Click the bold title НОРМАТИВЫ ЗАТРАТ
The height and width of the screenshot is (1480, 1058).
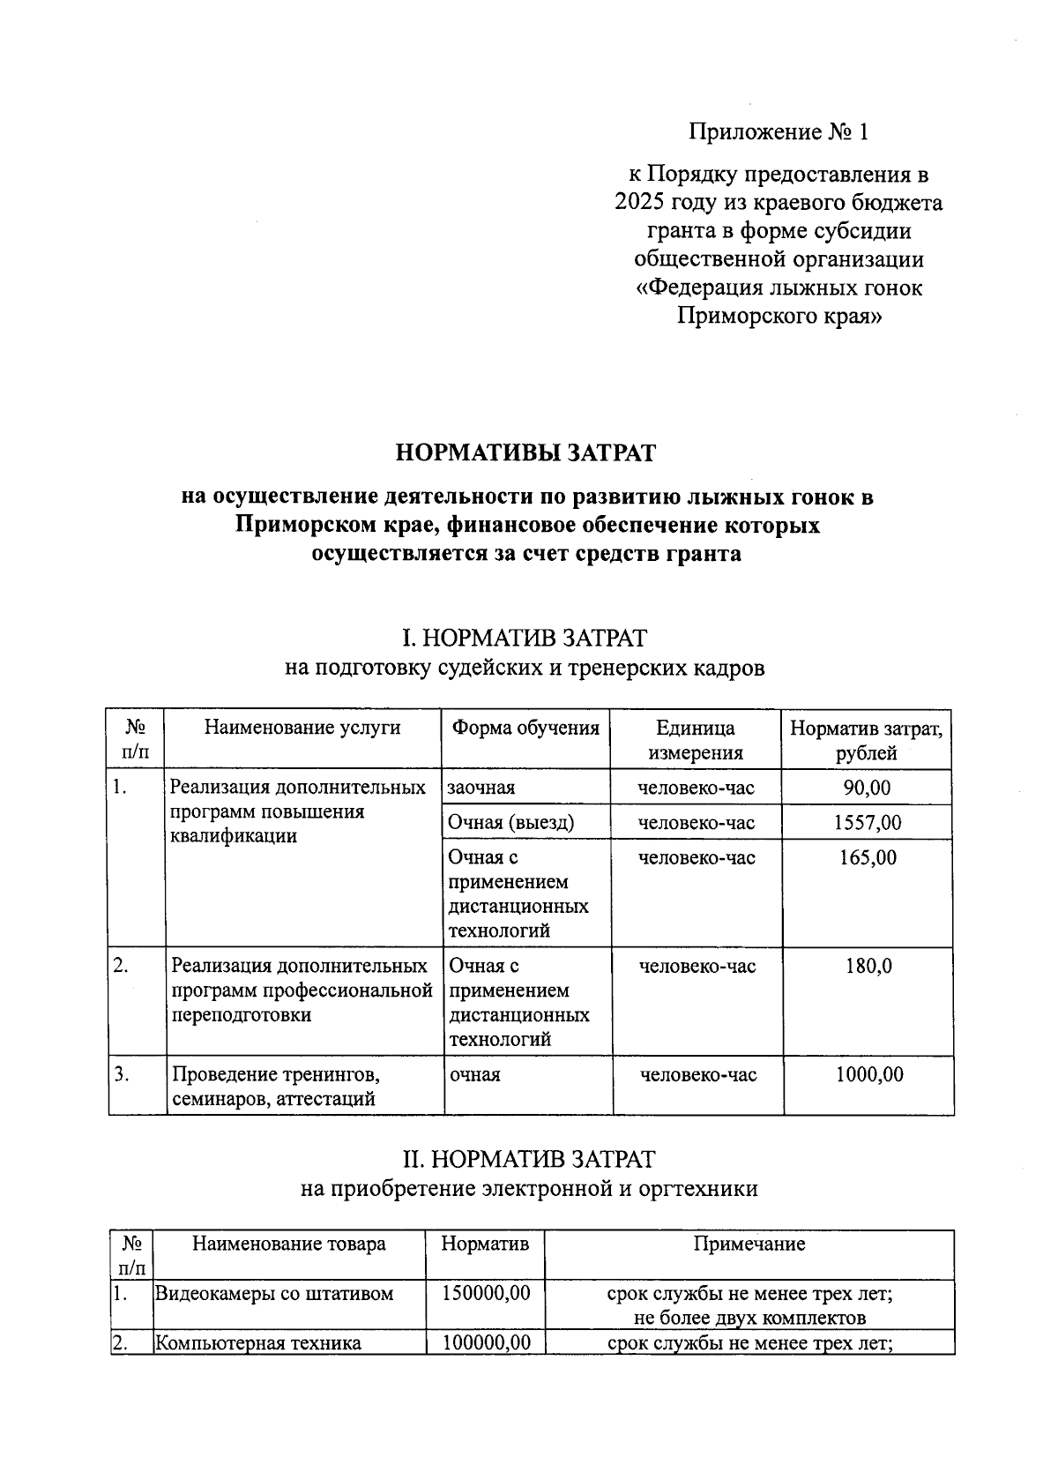526,453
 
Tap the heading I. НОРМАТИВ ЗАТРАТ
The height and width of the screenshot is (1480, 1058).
525,637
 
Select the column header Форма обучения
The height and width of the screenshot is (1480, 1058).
525,729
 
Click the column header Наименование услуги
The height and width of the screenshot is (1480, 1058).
302,728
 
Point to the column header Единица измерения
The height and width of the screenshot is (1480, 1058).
696,740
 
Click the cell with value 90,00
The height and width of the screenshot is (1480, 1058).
867,788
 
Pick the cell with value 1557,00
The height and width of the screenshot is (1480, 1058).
868,823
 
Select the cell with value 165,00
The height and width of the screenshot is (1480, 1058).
868,858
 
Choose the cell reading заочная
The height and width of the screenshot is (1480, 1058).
481,788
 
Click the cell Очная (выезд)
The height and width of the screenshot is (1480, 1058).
510,823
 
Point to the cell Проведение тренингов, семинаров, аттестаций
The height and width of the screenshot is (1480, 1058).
276,1087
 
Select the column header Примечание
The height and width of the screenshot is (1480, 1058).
749,1245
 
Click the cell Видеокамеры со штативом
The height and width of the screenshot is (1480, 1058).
274,1294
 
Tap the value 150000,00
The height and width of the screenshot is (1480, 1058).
485,1294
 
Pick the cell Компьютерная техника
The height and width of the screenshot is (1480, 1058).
258,1343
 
